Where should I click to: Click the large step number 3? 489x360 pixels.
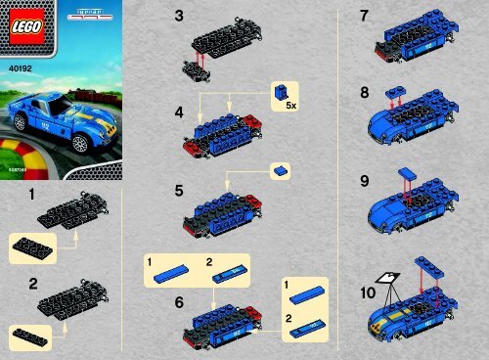click(177, 17)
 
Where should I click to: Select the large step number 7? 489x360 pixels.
click(364, 17)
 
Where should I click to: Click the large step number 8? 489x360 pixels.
click(364, 95)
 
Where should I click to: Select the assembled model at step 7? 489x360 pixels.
click(416, 42)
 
